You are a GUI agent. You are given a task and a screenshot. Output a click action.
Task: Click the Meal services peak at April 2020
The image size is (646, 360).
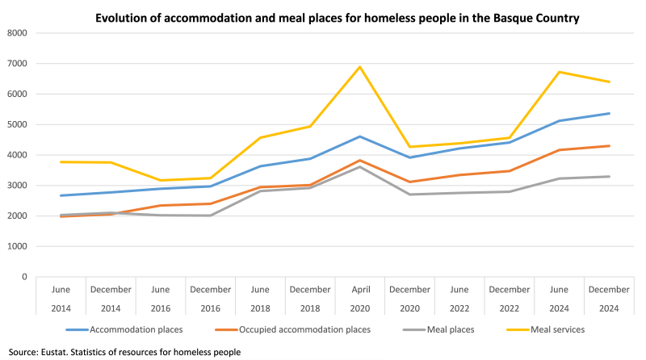360,67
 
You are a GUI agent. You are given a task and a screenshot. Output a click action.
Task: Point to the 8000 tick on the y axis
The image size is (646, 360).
17,33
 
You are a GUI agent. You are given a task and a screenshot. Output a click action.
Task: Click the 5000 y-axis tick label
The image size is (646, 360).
17,124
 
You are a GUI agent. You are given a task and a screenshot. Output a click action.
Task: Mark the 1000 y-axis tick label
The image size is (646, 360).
17,246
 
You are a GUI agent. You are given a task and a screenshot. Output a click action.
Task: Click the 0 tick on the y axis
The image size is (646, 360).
24,277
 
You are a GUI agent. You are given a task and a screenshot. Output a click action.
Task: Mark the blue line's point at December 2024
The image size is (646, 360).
609,114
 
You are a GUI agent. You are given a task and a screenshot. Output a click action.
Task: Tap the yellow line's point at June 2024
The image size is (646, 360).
560,72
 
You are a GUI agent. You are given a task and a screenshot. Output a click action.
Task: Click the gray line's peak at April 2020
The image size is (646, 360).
360,166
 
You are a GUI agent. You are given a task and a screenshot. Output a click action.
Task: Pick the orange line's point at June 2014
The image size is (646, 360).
61,216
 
